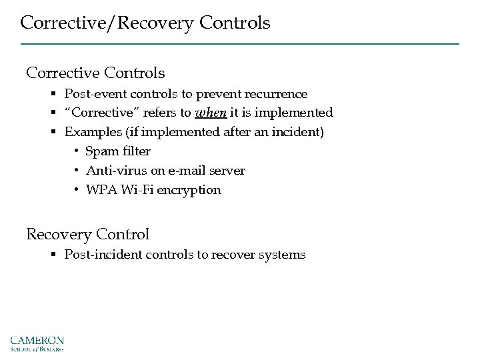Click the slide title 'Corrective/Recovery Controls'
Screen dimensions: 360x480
pos(145,23)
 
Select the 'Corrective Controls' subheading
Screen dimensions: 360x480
pos(95,71)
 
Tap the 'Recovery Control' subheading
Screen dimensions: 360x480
pos(87,234)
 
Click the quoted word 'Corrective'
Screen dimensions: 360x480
pos(96,113)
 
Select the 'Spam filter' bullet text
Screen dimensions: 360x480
pos(118,151)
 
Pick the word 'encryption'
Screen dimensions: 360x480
pos(190,190)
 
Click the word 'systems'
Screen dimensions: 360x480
pos(283,255)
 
